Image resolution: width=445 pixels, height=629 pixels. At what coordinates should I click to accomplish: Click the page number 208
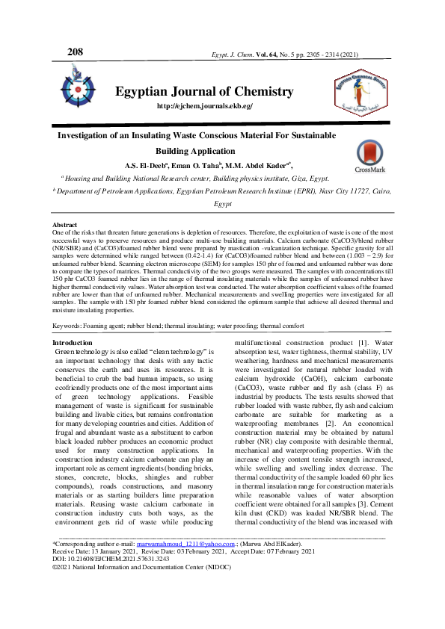(75, 52)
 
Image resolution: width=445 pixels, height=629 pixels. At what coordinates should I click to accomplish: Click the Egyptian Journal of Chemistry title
(204, 91)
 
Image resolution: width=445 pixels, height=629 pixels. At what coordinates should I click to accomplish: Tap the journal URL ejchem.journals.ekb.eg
(204, 106)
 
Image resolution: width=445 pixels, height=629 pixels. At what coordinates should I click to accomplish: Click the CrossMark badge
(369, 158)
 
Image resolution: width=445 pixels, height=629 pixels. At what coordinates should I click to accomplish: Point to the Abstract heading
(64, 225)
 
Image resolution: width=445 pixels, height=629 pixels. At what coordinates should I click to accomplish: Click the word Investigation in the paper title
(84, 136)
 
